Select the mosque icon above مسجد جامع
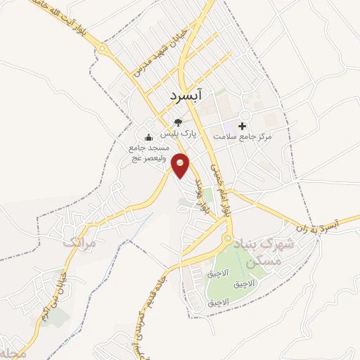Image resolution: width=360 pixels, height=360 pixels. [x=148, y=137]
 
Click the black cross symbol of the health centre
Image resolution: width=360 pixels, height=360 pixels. [x=243, y=126]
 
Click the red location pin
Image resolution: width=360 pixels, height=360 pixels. [x=181, y=165]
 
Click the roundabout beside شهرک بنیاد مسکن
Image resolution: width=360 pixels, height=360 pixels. [x=227, y=239]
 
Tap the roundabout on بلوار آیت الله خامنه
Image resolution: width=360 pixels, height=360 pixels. [x=103, y=49]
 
